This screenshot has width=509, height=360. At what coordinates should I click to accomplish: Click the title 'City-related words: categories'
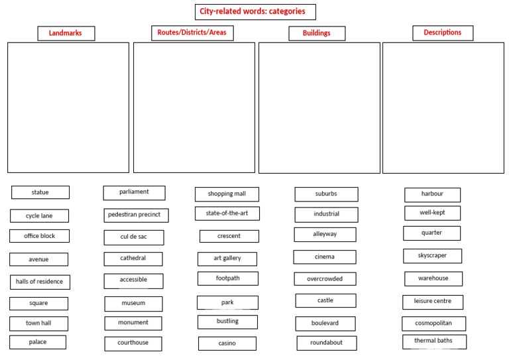point(255,12)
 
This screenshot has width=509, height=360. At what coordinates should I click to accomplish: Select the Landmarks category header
point(66,33)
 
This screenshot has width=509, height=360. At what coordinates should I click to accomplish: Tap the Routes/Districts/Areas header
point(192,33)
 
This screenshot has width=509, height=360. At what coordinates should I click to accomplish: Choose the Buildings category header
point(317,33)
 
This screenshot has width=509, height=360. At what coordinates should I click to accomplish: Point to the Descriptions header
point(443,33)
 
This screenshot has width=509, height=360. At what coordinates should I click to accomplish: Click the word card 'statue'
point(40,192)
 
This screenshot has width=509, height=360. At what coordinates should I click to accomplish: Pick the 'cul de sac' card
point(134,237)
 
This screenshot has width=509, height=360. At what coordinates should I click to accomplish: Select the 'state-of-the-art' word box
point(227,213)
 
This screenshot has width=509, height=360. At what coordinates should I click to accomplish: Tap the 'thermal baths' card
point(434,342)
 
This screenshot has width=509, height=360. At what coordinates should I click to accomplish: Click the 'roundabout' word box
point(327,343)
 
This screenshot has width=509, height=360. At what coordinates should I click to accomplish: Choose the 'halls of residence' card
point(40,282)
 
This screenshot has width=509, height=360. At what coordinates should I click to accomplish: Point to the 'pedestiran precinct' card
point(136,215)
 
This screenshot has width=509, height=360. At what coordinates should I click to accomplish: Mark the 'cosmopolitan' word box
point(433,324)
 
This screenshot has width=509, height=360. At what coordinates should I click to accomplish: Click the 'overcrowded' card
point(325,279)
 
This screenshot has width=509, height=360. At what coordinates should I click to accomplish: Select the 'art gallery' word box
point(227,259)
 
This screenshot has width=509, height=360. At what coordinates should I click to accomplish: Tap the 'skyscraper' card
point(432,256)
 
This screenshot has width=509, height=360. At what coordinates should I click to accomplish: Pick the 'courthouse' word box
point(133,344)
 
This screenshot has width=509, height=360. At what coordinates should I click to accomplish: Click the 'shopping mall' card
point(227,194)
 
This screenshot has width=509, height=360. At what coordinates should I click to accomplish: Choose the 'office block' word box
point(39,236)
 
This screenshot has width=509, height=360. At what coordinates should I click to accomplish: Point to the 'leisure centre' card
point(433,302)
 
